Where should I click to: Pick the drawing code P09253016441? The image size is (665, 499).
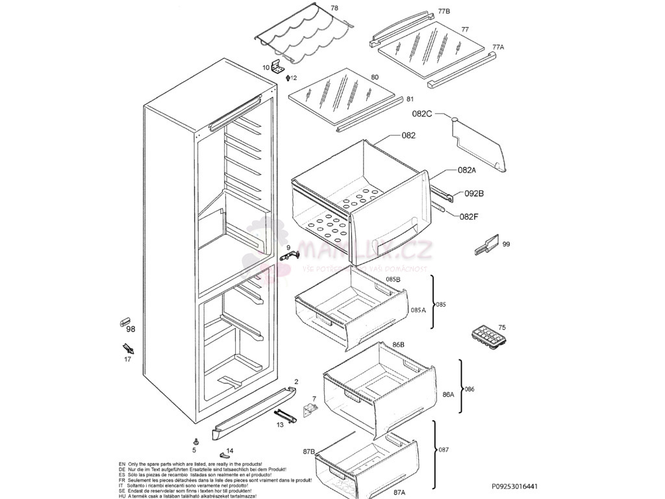[x=514, y=486]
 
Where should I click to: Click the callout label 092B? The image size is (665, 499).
[x=473, y=193]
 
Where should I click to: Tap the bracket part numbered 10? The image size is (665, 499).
[x=279, y=66]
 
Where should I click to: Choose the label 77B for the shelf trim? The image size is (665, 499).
[x=444, y=11]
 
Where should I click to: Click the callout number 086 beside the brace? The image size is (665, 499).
[x=470, y=389]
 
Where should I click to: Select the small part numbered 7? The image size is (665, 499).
[x=310, y=410]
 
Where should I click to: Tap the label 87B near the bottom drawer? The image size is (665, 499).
[x=309, y=451]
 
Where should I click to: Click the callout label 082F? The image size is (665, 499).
[x=469, y=217]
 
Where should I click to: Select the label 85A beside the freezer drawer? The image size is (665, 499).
[x=418, y=310]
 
